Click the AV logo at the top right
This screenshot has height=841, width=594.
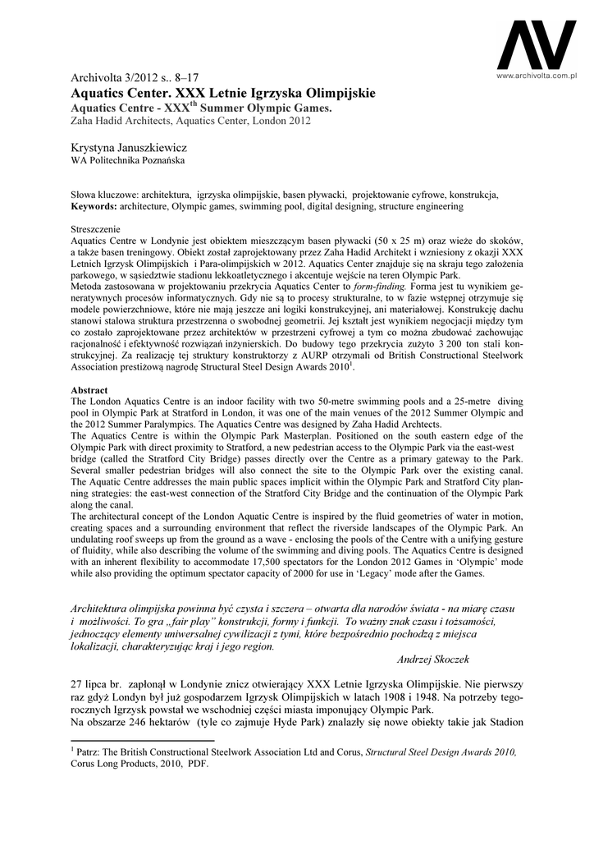tap(537, 46)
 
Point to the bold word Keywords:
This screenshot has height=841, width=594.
tap(94, 207)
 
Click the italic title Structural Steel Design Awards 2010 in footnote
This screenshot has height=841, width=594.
tap(441, 751)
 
